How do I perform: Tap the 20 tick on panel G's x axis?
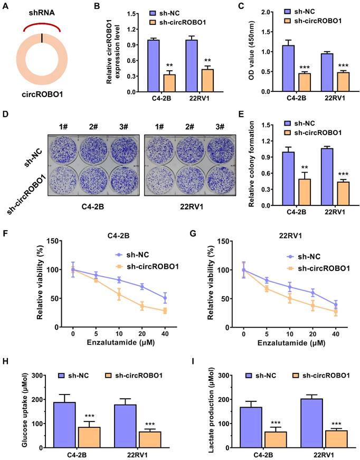313,336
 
